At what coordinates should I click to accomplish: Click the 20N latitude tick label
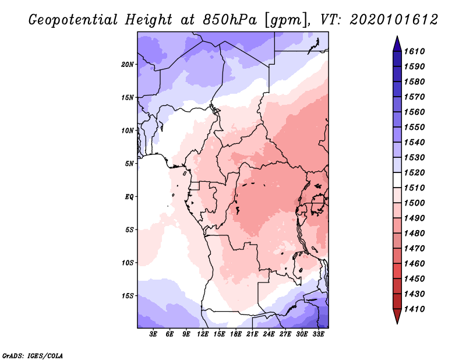[128, 64]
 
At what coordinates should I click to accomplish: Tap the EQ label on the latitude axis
[129, 197]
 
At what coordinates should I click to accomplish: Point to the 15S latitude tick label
[128, 296]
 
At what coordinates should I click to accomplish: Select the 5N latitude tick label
[129, 164]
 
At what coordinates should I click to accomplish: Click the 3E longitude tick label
[153, 335]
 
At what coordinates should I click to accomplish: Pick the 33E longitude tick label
[319, 335]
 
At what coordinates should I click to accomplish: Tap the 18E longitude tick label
[236, 335]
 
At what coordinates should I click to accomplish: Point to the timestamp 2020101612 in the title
[394, 20]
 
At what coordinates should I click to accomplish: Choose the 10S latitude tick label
[128, 263]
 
